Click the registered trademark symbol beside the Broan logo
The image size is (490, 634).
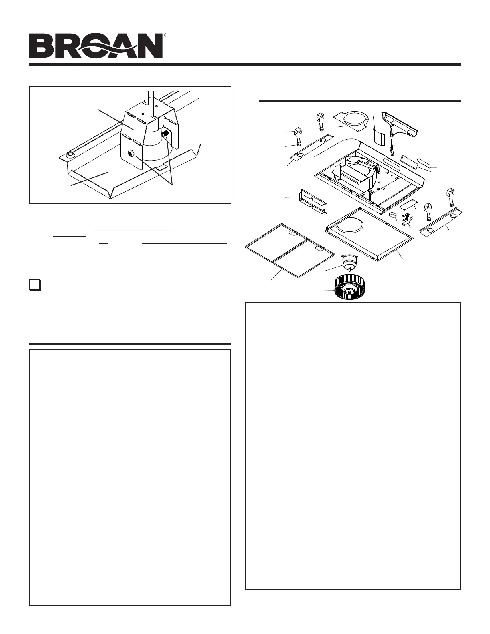(165, 35)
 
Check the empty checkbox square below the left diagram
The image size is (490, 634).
(34, 285)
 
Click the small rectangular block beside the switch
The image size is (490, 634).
(393, 215)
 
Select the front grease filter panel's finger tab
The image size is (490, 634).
(319, 249)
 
